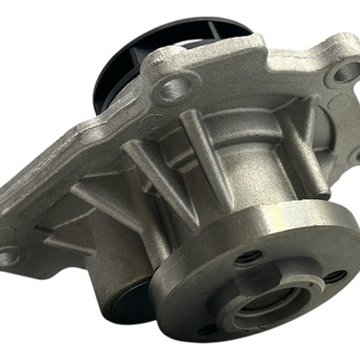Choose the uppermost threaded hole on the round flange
248,258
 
